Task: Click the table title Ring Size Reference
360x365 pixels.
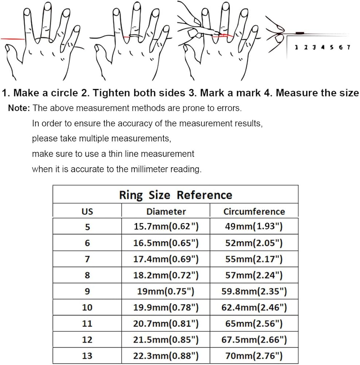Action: [x=175, y=195]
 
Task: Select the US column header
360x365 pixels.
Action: [x=87, y=211]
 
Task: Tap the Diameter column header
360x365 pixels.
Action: [x=166, y=211]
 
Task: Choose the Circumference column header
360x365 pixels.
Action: [x=254, y=211]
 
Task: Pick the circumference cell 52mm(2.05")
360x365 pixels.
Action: [x=254, y=243]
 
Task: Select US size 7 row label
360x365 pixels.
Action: [x=87, y=259]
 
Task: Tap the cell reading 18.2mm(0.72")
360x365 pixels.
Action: [x=166, y=275]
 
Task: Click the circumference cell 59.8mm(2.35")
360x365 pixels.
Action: [x=254, y=291]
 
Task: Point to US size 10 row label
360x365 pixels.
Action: [x=87, y=307]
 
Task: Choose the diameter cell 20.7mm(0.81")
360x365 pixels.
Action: [x=166, y=323]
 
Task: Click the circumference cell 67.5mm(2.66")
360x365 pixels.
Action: [x=254, y=339]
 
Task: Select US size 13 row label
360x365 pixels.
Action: [x=87, y=356]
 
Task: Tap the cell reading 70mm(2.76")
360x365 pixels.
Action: [x=254, y=356]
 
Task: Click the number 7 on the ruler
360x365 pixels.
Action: [x=349, y=47]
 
